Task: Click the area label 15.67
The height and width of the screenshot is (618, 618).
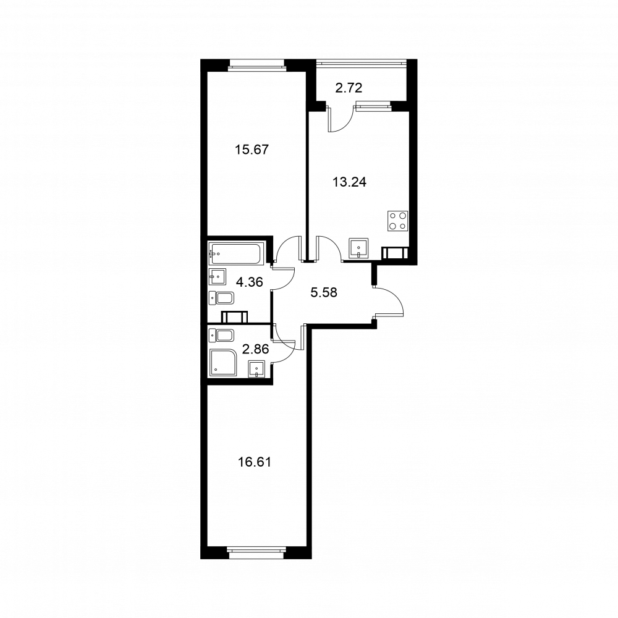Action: coord(252,150)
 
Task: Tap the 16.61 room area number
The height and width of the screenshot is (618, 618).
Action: coord(254,462)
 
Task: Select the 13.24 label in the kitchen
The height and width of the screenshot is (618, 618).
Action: coord(350,182)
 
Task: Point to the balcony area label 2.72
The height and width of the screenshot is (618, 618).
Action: coord(349,88)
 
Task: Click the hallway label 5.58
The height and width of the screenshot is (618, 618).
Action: coord(324,292)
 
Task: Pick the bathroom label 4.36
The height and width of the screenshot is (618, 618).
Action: coord(250,282)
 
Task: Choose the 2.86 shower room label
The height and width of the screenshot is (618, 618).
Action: coord(255,349)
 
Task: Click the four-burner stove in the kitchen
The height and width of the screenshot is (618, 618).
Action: coord(398,221)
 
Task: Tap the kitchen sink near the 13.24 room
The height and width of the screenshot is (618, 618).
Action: coord(358,248)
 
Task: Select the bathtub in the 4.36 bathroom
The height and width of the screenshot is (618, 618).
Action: coord(235,254)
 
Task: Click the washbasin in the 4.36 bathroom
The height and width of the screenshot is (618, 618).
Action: coord(217,277)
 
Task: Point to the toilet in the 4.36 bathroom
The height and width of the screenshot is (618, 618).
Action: coord(221,298)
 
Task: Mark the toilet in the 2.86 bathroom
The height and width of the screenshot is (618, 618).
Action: coord(221,336)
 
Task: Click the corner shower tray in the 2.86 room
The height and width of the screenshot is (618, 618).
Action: coord(223,362)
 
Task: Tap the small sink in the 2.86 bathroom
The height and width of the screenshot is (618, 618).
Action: coord(257,369)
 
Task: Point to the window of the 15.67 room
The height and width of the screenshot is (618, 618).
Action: coord(256,65)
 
